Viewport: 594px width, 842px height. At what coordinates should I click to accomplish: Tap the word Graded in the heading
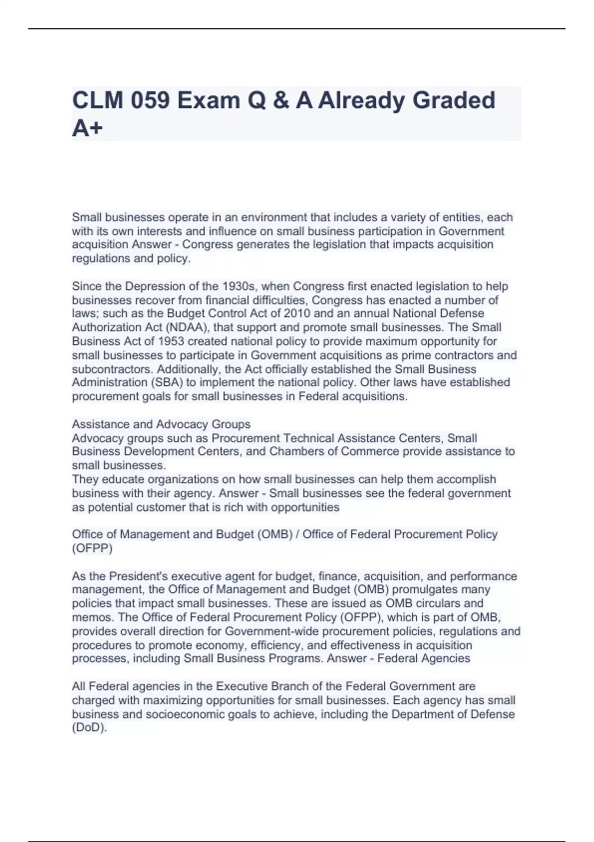[453, 101]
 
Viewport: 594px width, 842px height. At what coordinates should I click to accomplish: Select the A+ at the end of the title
[87, 128]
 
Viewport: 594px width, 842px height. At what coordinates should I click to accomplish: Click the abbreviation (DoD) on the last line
[89, 728]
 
